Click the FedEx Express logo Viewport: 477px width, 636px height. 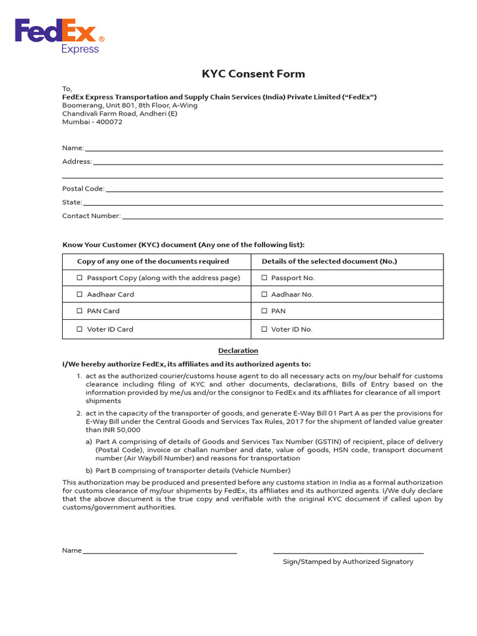(60, 36)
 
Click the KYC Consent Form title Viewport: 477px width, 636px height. (253, 74)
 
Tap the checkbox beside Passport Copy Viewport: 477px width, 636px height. (79, 278)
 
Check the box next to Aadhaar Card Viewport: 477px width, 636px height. (79, 294)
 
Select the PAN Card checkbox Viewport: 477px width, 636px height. (79, 311)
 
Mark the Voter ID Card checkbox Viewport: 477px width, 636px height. (79, 329)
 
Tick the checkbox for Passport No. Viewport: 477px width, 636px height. (265, 278)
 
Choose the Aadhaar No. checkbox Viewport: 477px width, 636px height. (265, 294)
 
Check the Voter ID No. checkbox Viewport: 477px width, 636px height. (265, 329)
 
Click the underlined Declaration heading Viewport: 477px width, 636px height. (238, 350)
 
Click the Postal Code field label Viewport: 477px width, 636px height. (83, 189)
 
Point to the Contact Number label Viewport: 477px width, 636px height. (91, 216)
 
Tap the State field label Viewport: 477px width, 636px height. (72, 202)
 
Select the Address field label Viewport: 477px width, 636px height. (77, 161)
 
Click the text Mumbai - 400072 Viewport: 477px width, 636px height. (92, 122)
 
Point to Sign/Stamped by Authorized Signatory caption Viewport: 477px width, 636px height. (348, 561)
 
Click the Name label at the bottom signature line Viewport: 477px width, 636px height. (72, 550)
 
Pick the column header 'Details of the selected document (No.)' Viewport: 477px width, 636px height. (329, 261)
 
